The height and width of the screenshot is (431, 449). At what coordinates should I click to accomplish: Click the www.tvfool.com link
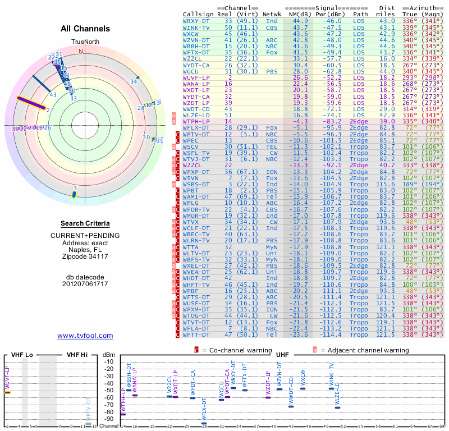click(x=85, y=336)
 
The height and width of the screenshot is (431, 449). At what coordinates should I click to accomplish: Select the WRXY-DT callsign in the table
click(x=196, y=20)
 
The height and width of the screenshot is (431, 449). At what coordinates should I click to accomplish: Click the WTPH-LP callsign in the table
click(x=196, y=121)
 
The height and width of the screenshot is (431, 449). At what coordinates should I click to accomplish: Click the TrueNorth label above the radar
click(x=85, y=42)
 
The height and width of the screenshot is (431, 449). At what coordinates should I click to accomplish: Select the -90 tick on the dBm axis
click(x=109, y=419)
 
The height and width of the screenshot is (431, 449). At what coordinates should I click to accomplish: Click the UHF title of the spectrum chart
click(x=282, y=355)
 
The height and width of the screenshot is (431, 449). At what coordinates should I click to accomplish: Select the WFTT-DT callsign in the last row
click(x=196, y=334)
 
